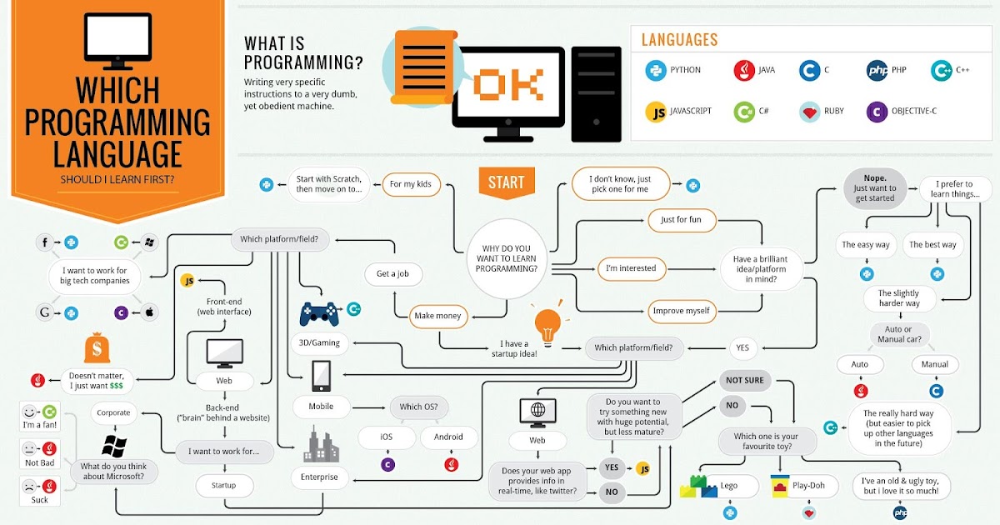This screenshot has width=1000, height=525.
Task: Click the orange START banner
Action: click(x=506, y=182)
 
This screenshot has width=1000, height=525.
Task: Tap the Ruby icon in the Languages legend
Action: click(x=807, y=112)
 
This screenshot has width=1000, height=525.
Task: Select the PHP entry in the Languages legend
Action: click(x=877, y=71)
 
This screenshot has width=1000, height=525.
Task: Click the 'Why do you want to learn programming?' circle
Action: click(x=507, y=258)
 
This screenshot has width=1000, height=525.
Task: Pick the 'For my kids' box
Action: click(x=411, y=184)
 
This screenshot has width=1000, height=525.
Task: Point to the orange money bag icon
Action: click(x=97, y=352)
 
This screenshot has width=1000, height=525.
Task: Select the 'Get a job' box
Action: click(x=393, y=273)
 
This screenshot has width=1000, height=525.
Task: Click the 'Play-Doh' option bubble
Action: click(x=804, y=486)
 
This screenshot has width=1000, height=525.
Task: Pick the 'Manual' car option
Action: click(x=935, y=364)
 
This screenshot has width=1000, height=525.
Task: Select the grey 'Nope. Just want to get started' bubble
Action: click(x=874, y=188)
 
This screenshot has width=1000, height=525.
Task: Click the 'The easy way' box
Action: click(x=865, y=244)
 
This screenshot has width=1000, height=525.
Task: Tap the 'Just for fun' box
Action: click(x=682, y=220)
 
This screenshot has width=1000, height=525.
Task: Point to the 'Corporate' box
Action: click(x=113, y=412)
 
